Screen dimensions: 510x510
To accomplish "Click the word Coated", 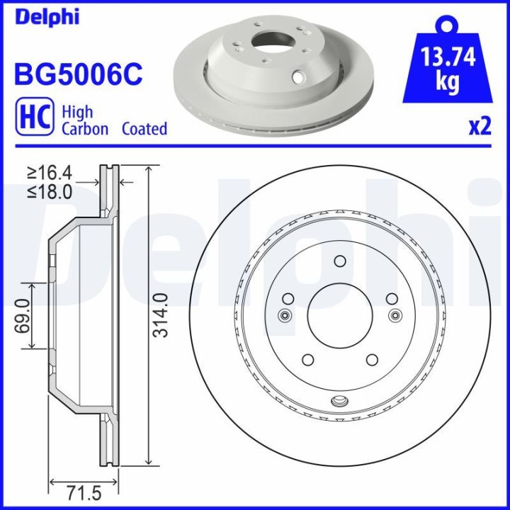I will pyautogui.click(x=144, y=128).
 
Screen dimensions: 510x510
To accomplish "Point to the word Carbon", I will pyautogui.click(x=85, y=128).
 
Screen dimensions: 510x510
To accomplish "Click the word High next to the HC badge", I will pyautogui.click(x=77, y=112).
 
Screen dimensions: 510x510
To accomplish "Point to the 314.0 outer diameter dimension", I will pyautogui.click(x=162, y=314).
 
